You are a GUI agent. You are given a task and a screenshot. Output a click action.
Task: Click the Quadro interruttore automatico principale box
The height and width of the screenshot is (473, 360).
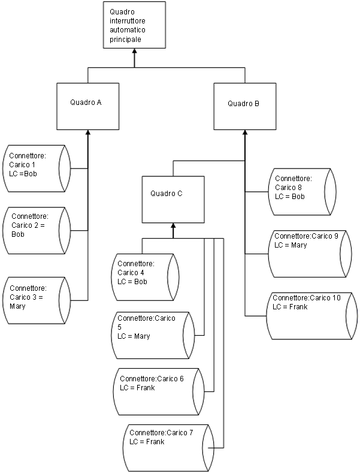pos(134,25)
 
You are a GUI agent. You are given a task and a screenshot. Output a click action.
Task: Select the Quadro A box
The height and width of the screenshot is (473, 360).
pos(87,106)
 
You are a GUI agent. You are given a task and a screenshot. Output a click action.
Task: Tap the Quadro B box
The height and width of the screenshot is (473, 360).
pos(244,106)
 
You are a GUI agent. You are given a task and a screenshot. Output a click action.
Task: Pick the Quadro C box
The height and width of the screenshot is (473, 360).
pos(173,198)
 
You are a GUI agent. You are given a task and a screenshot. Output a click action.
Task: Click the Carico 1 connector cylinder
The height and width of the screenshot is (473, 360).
pos(37,168)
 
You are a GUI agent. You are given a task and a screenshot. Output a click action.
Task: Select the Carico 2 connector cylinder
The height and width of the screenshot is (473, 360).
pos(37,230)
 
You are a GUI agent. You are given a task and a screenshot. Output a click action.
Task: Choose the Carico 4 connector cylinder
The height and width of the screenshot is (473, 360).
pos(146,276)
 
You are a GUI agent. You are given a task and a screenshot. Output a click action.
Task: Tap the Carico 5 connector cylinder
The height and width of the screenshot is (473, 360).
pos(154,333)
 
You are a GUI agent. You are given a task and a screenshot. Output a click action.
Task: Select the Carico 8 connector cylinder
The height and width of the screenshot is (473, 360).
pos(301,192)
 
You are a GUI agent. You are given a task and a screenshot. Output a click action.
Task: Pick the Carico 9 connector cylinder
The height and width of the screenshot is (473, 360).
pos(308,254)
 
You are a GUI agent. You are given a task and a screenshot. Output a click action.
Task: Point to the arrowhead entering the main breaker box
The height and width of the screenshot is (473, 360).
pos(134,52)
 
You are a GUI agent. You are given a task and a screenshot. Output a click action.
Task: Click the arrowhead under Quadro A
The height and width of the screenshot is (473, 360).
pos(88,133)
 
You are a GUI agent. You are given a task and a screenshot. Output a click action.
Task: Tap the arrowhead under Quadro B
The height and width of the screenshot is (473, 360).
pos(245,133)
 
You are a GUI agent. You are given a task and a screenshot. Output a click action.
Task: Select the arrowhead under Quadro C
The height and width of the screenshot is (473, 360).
pos(173,226)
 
